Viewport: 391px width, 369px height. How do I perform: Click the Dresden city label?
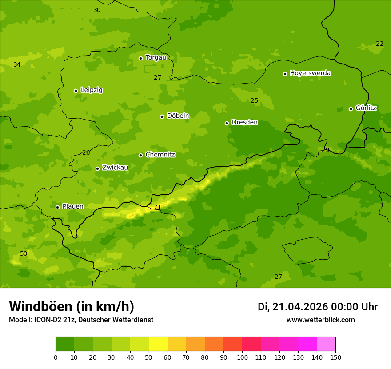[244, 122]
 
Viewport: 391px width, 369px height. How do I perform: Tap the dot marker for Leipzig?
[76, 91]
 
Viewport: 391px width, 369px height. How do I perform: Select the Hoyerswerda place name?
[310, 73]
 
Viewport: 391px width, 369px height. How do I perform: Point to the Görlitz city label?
[366, 108]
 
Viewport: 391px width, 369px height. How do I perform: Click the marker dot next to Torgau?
[140, 58]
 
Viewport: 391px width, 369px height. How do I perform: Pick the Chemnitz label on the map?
[160, 155]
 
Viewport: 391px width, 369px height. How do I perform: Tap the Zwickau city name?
[115, 168]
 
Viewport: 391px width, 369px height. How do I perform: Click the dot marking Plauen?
[57, 207]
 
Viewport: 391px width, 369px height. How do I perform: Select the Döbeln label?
[178, 116]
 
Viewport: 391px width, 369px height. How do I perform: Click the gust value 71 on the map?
[157, 207]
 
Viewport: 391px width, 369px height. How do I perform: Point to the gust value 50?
[24, 253]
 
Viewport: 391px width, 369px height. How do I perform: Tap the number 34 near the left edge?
[17, 64]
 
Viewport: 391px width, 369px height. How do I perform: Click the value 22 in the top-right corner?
[379, 44]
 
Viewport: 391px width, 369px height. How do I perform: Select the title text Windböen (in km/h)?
[71, 306]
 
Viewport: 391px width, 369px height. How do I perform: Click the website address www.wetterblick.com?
[320, 320]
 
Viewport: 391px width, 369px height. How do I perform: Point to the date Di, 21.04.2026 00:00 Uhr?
[317, 307]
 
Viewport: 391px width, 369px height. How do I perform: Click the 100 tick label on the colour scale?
[242, 357]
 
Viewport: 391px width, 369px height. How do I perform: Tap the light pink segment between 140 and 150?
[326, 344]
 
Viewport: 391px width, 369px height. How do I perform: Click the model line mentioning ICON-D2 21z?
[81, 320]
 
